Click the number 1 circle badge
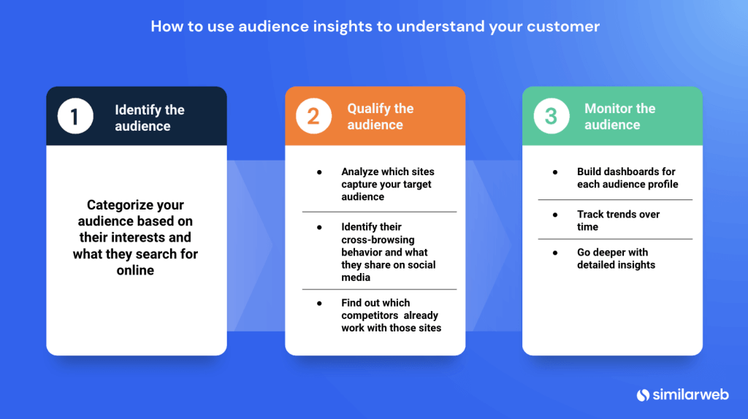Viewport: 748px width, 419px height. [76, 116]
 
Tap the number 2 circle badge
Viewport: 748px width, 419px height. [313, 116]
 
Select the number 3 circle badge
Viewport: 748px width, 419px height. [551, 116]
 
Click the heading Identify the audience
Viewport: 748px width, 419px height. [149, 118]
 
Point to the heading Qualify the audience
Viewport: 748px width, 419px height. [380, 117]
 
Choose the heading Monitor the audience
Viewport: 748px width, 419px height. [619, 117]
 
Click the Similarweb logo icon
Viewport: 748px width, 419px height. [643, 395]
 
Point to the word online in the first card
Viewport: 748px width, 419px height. [135, 270]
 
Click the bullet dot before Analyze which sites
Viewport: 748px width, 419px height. [319, 172]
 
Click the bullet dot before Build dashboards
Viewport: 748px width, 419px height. [555, 172]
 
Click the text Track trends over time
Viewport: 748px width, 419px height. [618, 220]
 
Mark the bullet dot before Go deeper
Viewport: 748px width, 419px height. [555, 253]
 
